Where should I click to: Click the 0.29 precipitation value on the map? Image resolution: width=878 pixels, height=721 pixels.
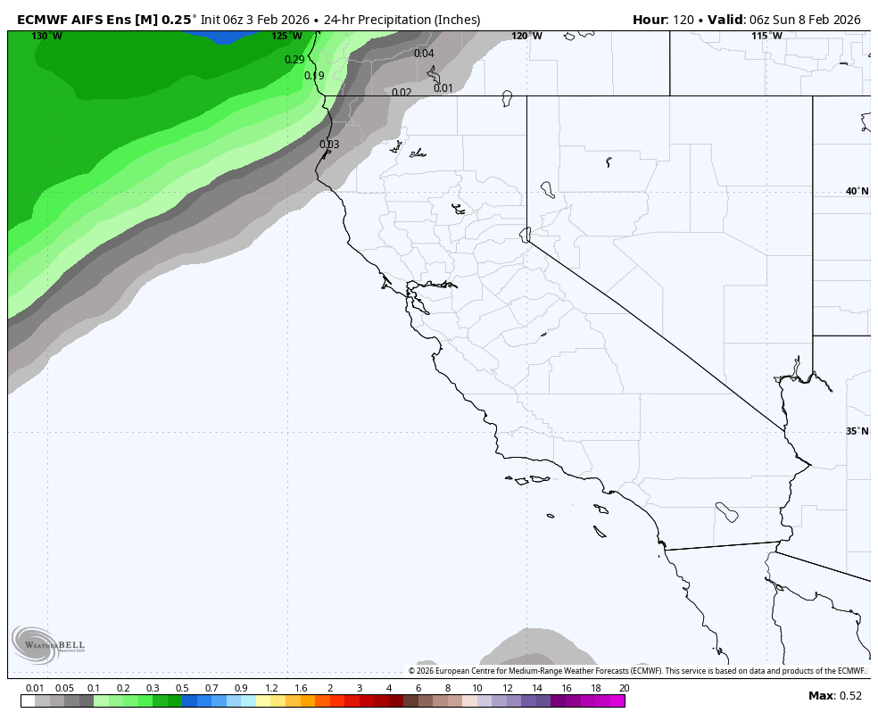tap(294, 60)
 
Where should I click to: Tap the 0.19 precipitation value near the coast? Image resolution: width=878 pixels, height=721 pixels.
tap(314, 76)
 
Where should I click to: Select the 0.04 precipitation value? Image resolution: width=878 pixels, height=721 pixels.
tap(424, 54)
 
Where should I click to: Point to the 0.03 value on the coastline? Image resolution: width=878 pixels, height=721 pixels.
tap(329, 145)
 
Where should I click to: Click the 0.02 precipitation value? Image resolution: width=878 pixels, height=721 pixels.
tap(402, 93)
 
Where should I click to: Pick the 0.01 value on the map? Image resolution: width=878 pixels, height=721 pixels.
tap(443, 88)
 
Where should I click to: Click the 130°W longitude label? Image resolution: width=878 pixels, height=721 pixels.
tap(46, 37)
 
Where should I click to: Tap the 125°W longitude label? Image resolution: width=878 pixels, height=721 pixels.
tap(286, 37)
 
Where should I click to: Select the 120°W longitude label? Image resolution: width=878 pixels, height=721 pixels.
tap(526, 37)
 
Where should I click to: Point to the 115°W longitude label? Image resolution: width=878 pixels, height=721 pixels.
tap(766, 37)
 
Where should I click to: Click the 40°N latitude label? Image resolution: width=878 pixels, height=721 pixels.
tap(857, 192)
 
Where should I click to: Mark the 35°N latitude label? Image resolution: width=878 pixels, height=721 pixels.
tap(857, 432)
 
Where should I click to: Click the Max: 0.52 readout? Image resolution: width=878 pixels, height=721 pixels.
tap(835, 696)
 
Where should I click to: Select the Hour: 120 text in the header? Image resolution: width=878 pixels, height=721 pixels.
tap(664, 20)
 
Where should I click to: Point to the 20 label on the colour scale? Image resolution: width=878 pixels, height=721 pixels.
tap(624, 688)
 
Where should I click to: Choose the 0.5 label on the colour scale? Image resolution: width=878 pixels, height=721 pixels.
tap(182, 688)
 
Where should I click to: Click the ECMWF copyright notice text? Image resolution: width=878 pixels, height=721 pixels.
tap(636, 671)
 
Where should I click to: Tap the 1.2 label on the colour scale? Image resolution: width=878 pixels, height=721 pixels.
tap(271, 688)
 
